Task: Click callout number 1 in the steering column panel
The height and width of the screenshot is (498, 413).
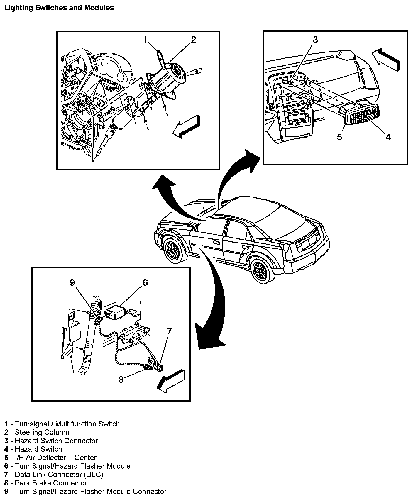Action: tap(145, 40)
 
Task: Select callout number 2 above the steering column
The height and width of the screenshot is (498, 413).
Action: tap(193, 40)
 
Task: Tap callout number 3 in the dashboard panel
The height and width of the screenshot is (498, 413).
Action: tap(315, 40)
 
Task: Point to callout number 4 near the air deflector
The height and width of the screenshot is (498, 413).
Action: tap(388, 137)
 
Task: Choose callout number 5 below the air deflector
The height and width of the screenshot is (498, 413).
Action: tap(339, 137)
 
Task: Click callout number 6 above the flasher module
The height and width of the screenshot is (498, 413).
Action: tap(145, 282)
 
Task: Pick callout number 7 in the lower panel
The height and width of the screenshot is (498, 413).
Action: tap(169, 332)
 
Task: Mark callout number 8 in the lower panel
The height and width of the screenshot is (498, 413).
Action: tap(121, 380)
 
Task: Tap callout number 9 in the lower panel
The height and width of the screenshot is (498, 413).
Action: tap(72, 282)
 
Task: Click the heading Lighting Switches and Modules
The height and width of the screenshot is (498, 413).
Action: tap(59, 8)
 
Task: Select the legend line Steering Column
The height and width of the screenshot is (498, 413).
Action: tap(42, 432)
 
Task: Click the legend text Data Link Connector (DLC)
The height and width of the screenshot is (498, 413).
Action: tap(59, 474)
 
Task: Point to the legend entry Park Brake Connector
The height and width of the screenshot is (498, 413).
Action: tap(51, 483)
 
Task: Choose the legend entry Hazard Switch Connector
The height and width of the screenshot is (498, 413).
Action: tap(56, 441)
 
